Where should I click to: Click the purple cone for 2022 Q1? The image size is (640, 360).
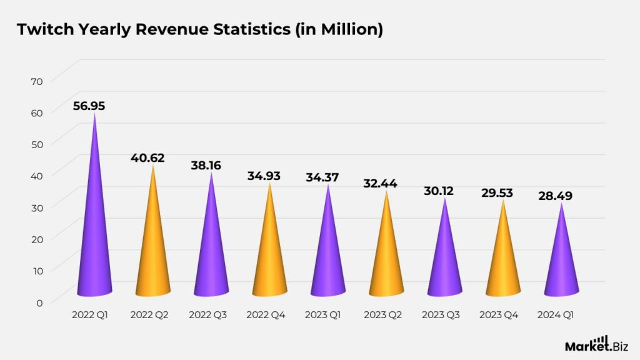coord(95,237)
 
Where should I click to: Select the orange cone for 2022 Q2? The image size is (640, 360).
coord(153,250)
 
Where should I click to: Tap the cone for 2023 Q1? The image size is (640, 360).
coord(328,256)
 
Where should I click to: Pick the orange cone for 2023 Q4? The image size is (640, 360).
coord(503,262)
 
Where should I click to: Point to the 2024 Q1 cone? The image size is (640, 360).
coord(561,266)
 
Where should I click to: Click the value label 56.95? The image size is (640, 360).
coord(89,106)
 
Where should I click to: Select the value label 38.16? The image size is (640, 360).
coord(206,166)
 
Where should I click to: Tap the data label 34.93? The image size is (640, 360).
coord(264,176)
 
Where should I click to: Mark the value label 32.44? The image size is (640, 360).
coord(381,184)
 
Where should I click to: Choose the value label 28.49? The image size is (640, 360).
coord(555,196)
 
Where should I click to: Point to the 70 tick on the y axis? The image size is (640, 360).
coord(37,81)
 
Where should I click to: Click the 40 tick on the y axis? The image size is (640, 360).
coord(37,176)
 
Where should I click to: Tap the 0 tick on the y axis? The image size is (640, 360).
coord(39,302)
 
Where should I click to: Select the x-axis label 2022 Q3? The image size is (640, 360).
coord(207,315)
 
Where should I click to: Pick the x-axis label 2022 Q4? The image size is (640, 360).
coord(266,315)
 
